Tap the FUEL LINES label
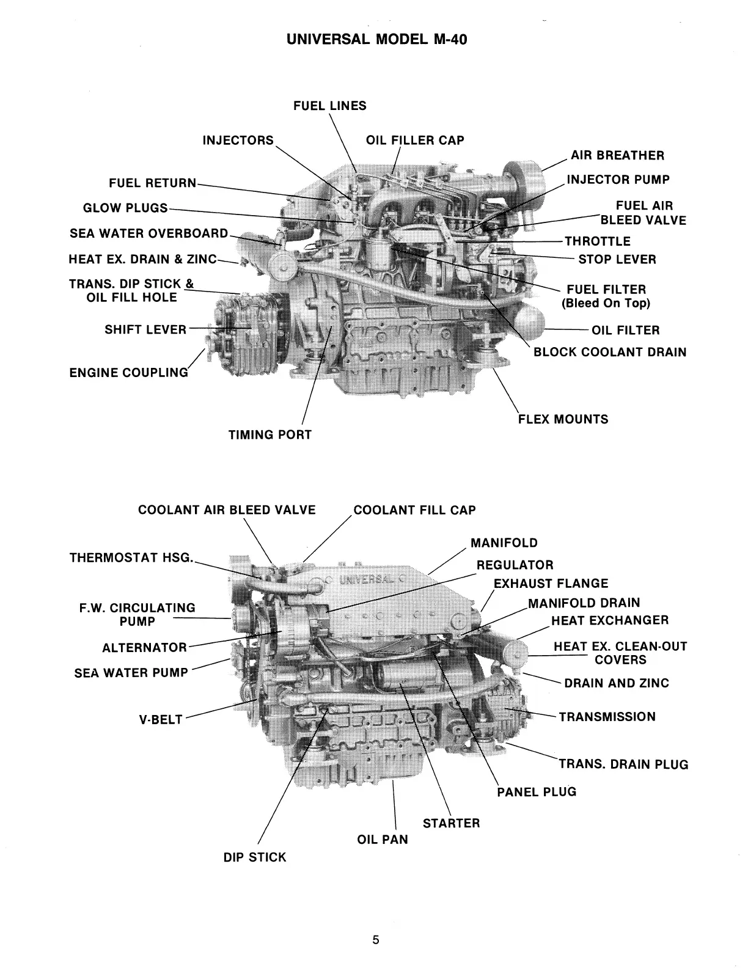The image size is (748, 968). [329, 106]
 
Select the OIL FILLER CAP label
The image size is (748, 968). [415, 140]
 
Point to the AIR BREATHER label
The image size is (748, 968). [617, 155]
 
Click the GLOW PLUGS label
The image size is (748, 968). [125, 208]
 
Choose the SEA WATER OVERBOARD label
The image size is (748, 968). [148, 233]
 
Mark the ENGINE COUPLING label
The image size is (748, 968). [129, 372]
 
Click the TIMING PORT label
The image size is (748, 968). [269, 435]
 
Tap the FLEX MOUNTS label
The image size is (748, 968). [563, 419]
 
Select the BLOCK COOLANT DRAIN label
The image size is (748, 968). [610, 352]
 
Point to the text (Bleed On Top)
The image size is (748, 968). [606, 303]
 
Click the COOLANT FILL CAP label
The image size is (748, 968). [414, 510]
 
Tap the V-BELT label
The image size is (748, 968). [161, 719]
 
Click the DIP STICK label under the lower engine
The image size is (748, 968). [254, 857]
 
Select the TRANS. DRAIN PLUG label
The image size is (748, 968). [623, 765]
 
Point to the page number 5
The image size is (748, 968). [376, 940]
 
